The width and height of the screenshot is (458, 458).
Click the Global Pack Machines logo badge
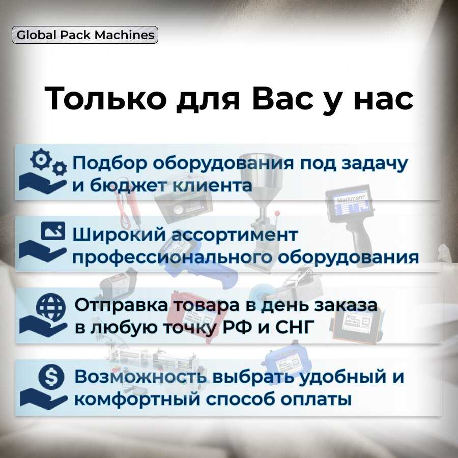(84, 35)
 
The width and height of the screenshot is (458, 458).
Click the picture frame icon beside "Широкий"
(53, 231)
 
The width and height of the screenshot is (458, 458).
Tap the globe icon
(51, 307)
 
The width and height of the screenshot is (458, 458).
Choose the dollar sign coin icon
(51, 377)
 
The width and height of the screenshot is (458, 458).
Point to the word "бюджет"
(128, 186)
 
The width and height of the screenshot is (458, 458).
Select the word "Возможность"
(141, 377)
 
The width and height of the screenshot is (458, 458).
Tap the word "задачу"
(374, 164)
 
